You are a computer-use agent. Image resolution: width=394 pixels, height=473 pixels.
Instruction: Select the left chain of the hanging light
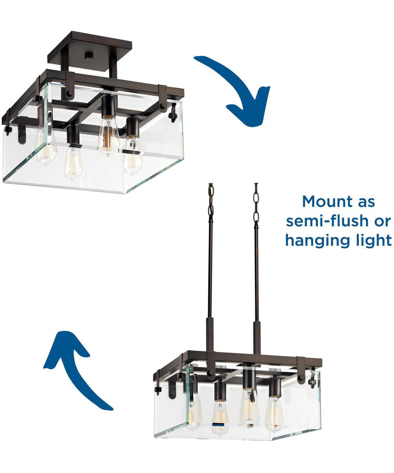click(211, 199)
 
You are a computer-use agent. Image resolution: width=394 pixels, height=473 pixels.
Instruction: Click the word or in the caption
click(383, 221)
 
